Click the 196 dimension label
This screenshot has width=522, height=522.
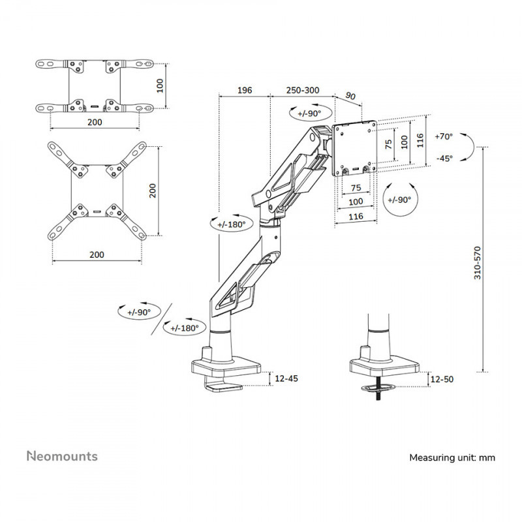(x=245, y=90)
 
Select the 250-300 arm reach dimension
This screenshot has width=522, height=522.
(x=301, y=90)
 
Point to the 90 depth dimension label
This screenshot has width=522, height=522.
(x=350, y=97)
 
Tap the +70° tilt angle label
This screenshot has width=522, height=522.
(x=443, y=136)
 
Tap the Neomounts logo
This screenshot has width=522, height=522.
(x=62, y=455)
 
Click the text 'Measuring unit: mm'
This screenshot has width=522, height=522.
(x=452, y=457)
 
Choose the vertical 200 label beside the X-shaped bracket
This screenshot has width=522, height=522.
(x=152, y=191)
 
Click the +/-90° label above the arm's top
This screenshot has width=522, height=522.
(x=308, y=113)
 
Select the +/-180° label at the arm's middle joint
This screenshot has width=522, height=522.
(x=232, y=224)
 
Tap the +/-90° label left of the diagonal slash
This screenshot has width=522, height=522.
(x=139, y=312)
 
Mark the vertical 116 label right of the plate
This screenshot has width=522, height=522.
(x=420, y=139)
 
